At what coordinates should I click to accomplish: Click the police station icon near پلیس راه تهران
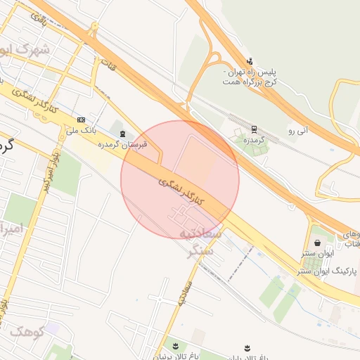(x=250, y=61)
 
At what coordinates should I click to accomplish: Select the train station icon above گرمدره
(x=253, y=129)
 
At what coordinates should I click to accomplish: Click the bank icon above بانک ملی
(x=81, y=120)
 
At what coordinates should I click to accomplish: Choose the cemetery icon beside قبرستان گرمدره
(x=123, y=134)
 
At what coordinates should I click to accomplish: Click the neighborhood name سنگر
(x=201, y=251)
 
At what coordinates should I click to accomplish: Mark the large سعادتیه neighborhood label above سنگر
(x=201, y=233)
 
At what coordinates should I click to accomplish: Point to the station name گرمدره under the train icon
(x=252, y=140)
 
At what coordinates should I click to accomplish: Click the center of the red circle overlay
(x=180, y=179)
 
